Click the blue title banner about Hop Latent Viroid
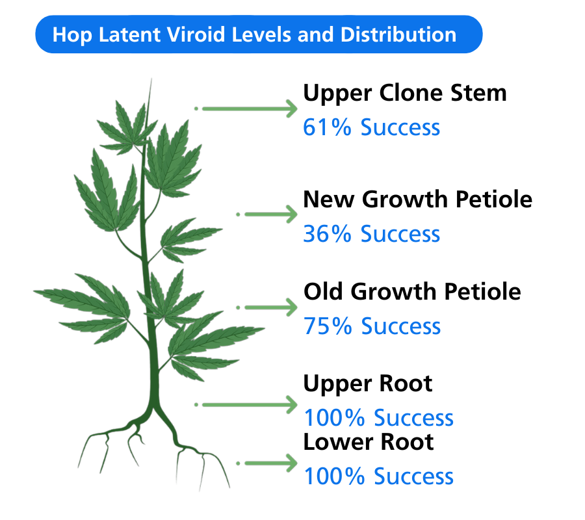pyautogui.click(x=259, y=34)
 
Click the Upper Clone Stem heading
pyautogui.click(x=405, y=93)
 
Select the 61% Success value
pyautogui.click(x=371, y=127)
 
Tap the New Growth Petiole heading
pyautogui.click(x=417, y=199)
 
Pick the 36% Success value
pyautogui.click(x=371, y=234)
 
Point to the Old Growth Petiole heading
pyautogui.click(x=412, y=292)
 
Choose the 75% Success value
pyautogui.click(x=372, y=326)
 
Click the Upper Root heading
pyautogui.click(x=368, y=383)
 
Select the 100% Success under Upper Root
pyautogui.click(x=378, y=418)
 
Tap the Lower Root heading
pyautogui.click(x=369, y=442)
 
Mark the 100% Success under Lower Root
pyautogui.click(x=378, y=476)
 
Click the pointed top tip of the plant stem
pyautogui.click(x=151, y=80)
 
